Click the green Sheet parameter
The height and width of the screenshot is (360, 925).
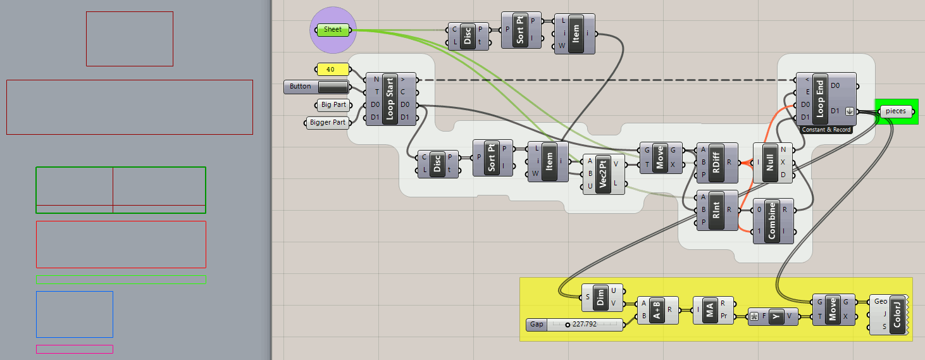(333, 30)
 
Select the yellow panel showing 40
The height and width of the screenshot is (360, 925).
(332, 69)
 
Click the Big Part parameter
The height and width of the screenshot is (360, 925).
(333, 104)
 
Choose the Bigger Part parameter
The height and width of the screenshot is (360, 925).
(328, 122)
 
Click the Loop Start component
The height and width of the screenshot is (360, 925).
(390, 98)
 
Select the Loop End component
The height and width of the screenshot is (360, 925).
(819, 98)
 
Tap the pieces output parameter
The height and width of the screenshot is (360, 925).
(896, 111)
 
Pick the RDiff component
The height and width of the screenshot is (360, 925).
(716, 161)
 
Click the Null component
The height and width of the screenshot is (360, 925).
(770, 161)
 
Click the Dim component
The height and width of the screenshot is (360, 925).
(602, 297)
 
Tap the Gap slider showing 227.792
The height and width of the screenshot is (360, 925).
(575, 325)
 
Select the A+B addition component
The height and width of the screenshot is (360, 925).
(657, 309)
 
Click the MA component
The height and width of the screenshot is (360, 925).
(711, 309)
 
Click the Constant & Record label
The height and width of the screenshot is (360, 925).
(826, 129)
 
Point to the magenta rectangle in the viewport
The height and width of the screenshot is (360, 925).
(75, 349)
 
